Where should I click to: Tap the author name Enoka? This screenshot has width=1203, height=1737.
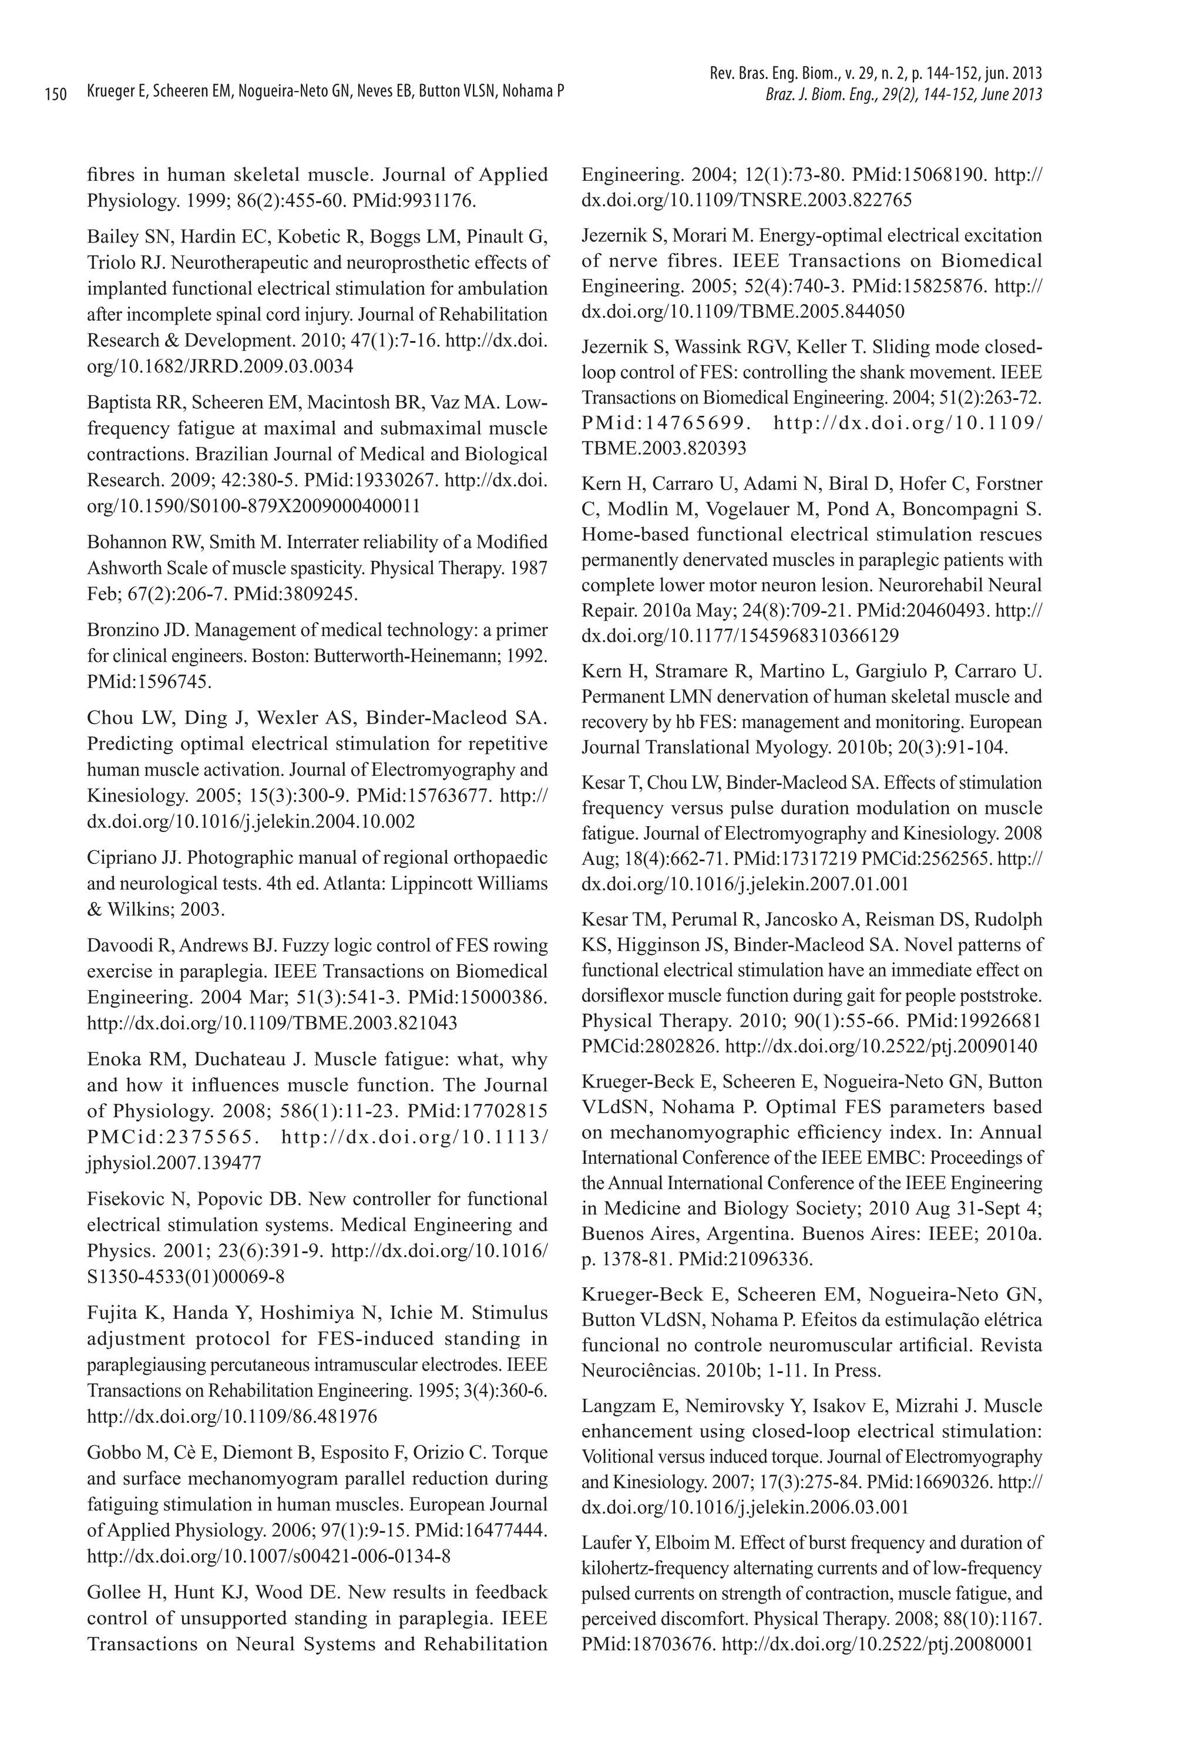[x=113, y=1059]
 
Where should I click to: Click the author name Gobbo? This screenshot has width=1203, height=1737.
[x=112, y=1452]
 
